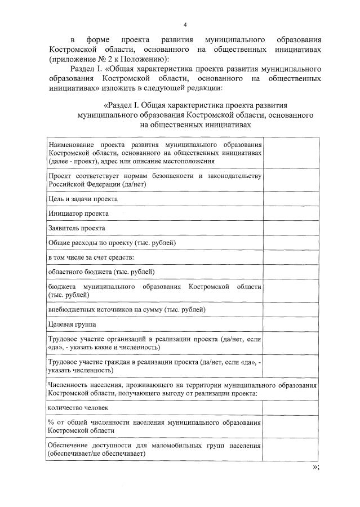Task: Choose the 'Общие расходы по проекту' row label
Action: [113, 243]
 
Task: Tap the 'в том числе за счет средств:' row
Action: [91, 257]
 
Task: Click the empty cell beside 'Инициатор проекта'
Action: [290, 214]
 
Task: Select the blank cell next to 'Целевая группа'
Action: [290, 324]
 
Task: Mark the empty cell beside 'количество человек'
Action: [290, 407]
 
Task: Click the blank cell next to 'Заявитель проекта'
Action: [290, 228]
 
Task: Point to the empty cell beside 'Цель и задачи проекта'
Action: [290, 199]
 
